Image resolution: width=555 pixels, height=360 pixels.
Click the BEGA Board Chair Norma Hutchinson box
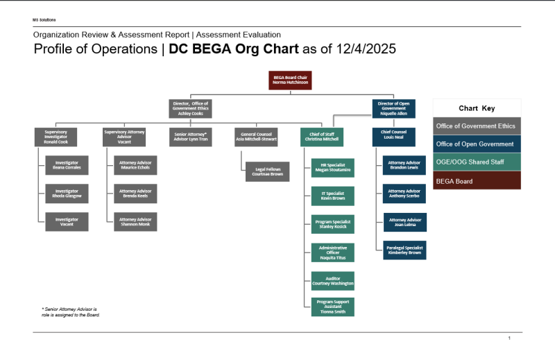[x=290, y=80]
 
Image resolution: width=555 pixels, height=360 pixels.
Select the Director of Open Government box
[x=393, y=108]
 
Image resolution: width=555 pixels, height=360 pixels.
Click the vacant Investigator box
[x=67, y=221]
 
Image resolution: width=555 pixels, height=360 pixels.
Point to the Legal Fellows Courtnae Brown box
[x=267, y=172]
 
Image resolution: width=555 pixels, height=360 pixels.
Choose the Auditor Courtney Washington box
[x=333, y=280]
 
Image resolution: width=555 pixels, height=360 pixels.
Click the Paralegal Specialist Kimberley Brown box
[x=405, y=250]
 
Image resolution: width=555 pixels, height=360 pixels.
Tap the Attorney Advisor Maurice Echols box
[x=135, y=165]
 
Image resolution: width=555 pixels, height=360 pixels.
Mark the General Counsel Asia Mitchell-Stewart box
[x=256, y=137]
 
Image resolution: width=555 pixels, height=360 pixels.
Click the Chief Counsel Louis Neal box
[x=393, y=137]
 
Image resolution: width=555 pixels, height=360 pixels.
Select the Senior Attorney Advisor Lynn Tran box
[x=191, y=137]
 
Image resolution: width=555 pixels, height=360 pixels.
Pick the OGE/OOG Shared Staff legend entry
[x=477, y=162]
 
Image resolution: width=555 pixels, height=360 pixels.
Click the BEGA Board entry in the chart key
[x=477, y=180]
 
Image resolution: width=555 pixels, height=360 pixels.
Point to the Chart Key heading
[x=477, y=108]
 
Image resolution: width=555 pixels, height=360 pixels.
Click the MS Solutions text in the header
[x=44, y=20]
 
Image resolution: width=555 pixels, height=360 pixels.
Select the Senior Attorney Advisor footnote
[x=70, y=311]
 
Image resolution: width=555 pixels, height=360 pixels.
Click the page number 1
[x=509, y=338]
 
